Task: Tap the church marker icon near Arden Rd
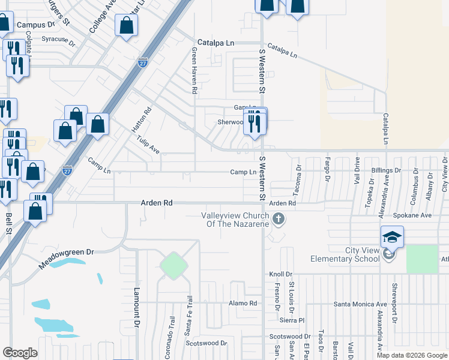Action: click(x=278, y=220)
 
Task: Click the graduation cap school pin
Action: click(x=391, y=238)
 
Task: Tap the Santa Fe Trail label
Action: click(x=188, y=324)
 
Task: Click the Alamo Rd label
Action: click(x=243, y=304)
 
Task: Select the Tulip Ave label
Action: click(x=147, y=145)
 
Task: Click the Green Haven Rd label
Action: click(x=194, y=71)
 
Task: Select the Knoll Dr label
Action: click(x=280, y=274)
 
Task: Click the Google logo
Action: click(x=20, y=353)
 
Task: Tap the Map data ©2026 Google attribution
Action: click(x=412, y=355)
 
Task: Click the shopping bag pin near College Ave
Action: click(x=127, y=26)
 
